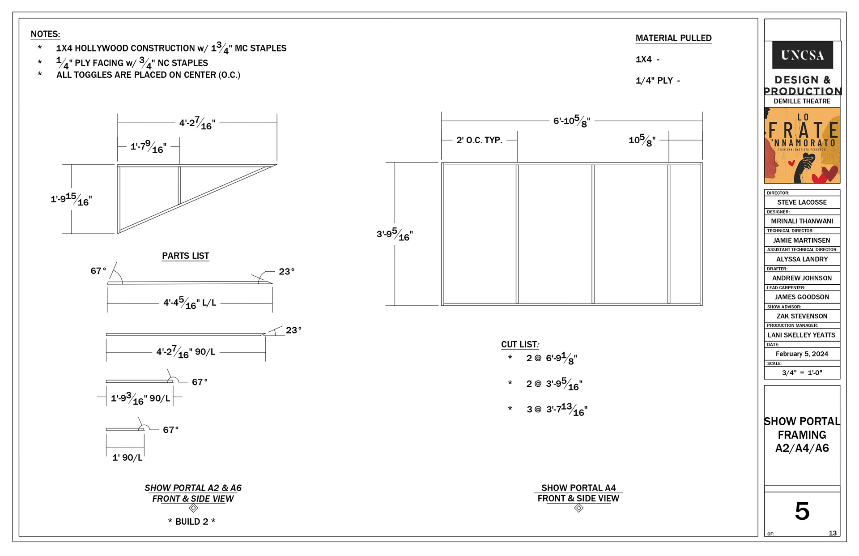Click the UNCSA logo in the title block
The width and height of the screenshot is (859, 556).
(802, 55)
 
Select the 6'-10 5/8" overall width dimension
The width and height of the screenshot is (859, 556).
(571, 121)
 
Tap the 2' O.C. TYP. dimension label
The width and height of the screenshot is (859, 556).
(479, 140)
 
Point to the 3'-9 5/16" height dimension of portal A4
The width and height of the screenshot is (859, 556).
(395, 234)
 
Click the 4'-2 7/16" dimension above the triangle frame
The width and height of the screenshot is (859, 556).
(197, 123)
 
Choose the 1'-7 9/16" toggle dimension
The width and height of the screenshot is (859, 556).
(148, 146)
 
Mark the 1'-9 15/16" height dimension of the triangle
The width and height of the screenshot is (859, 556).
(71, 199)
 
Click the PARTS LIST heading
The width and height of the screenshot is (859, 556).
(185, 256)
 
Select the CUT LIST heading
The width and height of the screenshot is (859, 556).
(520, 344)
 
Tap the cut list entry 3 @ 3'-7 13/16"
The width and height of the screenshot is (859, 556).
(557, 409)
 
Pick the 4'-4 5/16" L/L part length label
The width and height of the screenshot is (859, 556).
(189, 303)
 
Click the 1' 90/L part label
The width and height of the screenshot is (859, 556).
(127, 458)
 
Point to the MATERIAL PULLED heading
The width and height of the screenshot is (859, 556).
(673, 38)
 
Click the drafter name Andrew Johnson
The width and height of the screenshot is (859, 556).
(802, 278)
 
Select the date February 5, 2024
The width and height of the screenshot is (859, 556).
(802, 354)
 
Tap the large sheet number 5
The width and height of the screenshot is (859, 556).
(802, 511)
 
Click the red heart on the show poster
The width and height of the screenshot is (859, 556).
(828, 172)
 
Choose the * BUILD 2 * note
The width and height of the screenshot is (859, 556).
(191, 522)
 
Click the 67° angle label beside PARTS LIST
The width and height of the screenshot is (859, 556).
(98, 271)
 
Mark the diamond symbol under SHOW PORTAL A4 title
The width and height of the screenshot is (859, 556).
(578, 508)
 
